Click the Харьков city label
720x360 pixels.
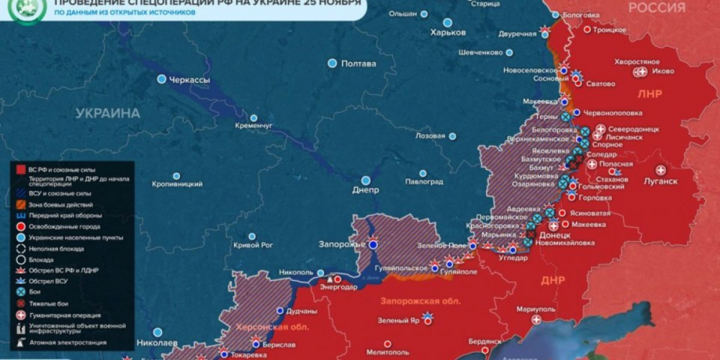pos(448,32)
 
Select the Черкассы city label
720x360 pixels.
pos(189,79)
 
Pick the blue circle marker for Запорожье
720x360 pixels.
pos(373,245)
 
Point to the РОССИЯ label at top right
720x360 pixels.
pos(656,8)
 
